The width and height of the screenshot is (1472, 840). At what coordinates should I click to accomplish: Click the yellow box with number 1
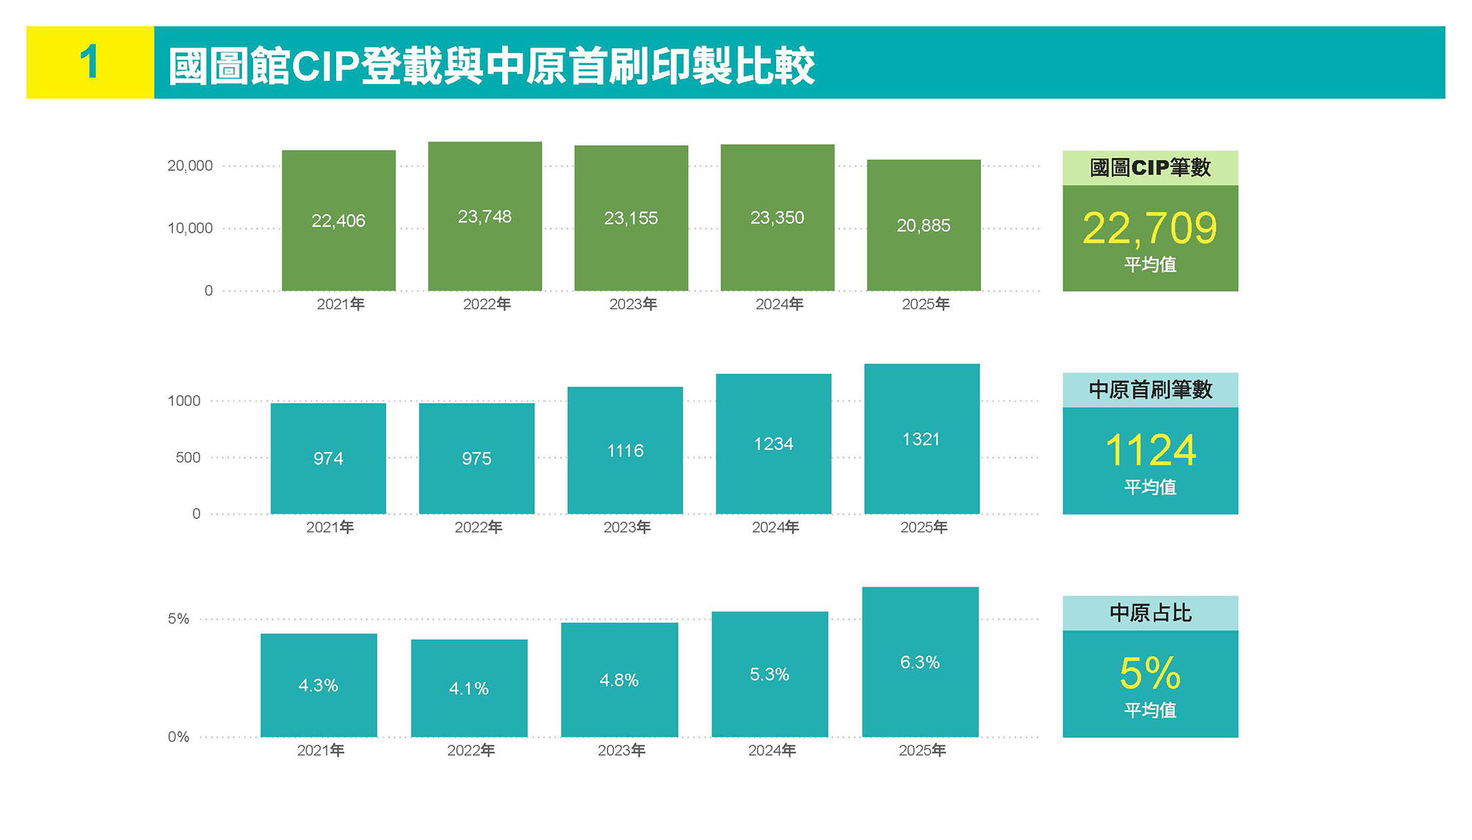(x=90, y=63)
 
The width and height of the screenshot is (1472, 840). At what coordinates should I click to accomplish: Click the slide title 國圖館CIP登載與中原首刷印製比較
(x=491, y=66)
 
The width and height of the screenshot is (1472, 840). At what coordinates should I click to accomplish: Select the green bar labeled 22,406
(x=339, y=220)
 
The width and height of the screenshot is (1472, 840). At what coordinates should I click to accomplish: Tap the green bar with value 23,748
(x=485, y=216)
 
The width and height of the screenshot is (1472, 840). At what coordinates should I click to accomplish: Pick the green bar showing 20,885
(x=924, y=225)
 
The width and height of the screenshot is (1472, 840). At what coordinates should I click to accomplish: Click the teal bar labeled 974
(x=328, y=458)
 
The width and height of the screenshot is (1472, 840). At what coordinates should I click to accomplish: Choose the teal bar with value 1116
(x=625, y=450)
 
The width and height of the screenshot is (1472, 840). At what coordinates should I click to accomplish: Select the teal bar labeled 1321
(x=921, y=439)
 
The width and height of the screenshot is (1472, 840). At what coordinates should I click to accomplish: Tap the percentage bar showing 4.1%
(x=469, y=688)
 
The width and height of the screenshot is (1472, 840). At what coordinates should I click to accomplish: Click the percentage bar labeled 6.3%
(x=920, y=662)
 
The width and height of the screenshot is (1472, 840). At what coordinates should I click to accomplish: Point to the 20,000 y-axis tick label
(x=190, y=166)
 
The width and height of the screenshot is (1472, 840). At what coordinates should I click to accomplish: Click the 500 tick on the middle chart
(x=188, y=457)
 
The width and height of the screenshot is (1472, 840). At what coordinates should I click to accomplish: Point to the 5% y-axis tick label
(x=178, y=618)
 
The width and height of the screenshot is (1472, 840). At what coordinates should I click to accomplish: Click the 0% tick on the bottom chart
(x=178, y=736)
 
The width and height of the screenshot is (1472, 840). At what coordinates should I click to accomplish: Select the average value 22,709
(x=1150, y=228)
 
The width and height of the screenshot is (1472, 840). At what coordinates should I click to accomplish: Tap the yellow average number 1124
(x=1150, y=451)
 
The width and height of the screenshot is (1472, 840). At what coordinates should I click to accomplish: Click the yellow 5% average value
(x=1150, y=673)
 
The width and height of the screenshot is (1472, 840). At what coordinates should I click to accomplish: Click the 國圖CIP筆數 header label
(x=1150, y=168)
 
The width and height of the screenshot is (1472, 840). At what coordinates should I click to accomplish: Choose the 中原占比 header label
(x=1150, y=613)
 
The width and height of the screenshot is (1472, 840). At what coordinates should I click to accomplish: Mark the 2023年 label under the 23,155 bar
(x=633, y=304)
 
